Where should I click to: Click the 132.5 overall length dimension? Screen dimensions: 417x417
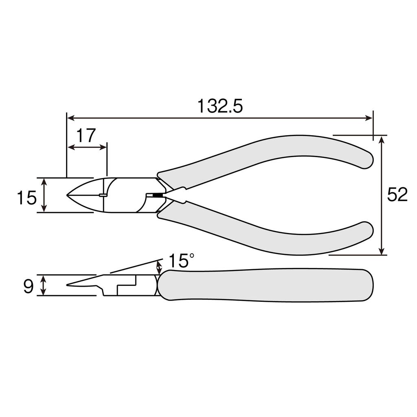tap(220, 106)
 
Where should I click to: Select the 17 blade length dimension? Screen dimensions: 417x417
tap(86, 135)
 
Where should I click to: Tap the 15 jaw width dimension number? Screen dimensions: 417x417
tap(26, 198)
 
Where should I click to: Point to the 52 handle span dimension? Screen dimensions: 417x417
tap(397, 195)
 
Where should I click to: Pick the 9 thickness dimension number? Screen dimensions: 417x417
tap(28, 287)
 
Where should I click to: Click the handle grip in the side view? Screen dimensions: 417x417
tap(265, 285)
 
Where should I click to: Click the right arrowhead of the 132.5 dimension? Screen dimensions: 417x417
tap(370, 118)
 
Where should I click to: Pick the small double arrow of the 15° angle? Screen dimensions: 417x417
tap(159, 268)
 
